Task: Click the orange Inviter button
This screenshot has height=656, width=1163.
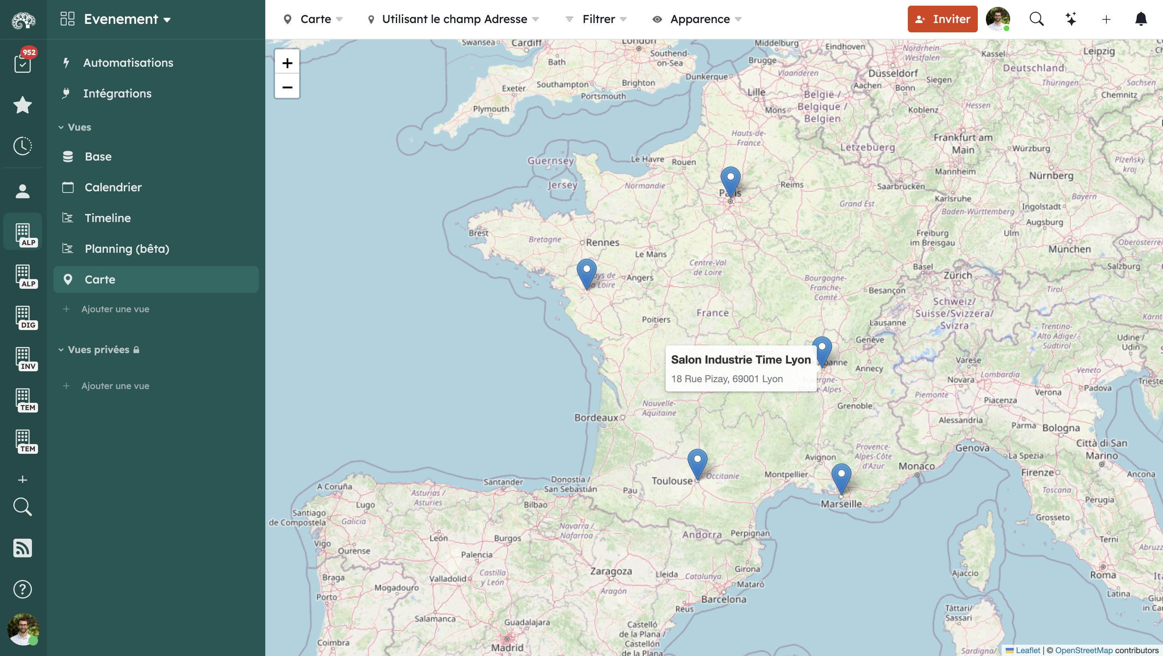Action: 942,19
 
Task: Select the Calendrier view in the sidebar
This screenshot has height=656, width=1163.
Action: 113,187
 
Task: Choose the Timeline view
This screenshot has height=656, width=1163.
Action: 108,218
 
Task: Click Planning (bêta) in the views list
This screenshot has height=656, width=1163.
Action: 127,249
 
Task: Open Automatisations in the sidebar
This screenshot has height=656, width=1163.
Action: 128,63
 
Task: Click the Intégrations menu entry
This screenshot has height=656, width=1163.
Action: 117,93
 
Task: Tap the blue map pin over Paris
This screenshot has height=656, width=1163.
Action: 730,180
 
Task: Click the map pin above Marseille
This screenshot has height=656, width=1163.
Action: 841,477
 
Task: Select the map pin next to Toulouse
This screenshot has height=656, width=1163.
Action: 697,462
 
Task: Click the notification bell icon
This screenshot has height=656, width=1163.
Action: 1141,19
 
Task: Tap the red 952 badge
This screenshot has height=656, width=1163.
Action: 29,52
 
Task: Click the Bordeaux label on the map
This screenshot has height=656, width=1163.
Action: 596,418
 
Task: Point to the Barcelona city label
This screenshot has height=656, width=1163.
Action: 723,599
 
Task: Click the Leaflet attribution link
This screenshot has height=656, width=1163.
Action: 1028,650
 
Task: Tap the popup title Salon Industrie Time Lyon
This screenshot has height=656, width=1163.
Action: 740,360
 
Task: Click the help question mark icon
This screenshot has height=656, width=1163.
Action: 23,589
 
